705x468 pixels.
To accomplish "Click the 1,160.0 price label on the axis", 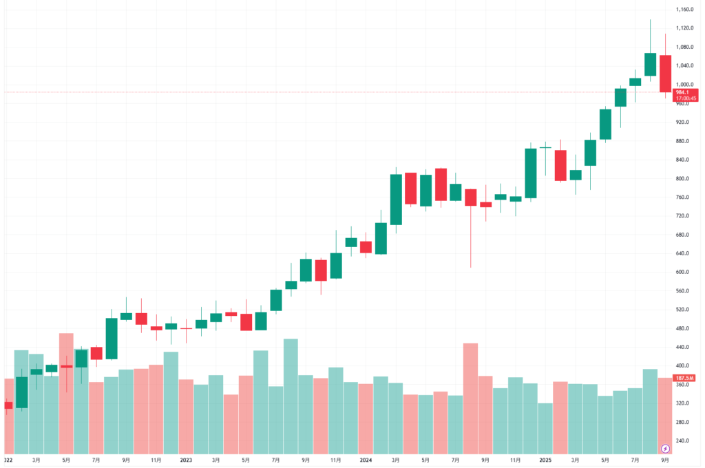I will [684, 10].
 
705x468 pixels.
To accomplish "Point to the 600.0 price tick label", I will [684, 272].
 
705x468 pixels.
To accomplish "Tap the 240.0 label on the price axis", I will [684, 440].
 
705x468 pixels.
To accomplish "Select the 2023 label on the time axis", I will [186, 459].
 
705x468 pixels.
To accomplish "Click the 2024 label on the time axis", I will [366, 459].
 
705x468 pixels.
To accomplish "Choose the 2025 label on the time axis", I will [545, 459].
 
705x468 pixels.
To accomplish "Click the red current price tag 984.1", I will [684, 92].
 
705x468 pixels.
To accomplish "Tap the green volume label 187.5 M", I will [684, 378].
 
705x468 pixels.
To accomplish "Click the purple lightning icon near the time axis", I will [665, 448].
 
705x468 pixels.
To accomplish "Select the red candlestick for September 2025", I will [665, 74].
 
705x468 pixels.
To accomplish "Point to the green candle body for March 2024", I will [396, 200].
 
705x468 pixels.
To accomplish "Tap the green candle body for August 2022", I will [112, 338].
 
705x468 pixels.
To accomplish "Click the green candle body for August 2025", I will [650, 64].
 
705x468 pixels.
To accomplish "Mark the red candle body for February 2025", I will [560, 165].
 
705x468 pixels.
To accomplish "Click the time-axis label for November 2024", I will [516, 459].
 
